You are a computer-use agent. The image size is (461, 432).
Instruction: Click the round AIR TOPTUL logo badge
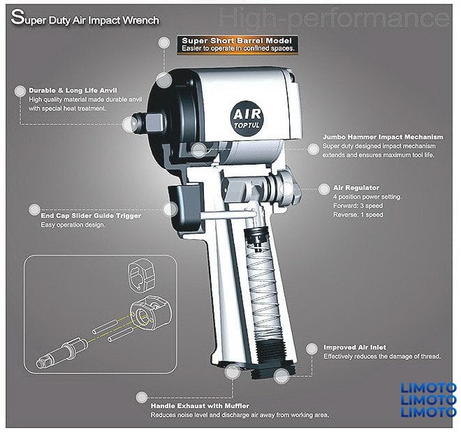tap(247, 119)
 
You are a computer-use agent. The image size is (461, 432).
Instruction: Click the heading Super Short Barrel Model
tap(237, 40)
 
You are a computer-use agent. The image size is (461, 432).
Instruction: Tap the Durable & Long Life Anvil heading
tap(73, 91)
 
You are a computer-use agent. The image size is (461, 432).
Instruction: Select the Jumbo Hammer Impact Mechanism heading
tap(383, 137)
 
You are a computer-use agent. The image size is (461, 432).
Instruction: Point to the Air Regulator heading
tap(356, 188)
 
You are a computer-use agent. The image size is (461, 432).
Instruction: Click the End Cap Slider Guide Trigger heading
tap(91, 216)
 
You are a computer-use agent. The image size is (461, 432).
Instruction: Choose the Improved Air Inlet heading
tap(355, 348)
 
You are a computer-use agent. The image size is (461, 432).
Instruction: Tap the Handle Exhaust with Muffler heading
tap(200, 406)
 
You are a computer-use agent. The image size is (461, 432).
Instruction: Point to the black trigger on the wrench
tap(185, 208)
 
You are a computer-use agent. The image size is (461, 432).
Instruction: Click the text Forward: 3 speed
tap(358, 206)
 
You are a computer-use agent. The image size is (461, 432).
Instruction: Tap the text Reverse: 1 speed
tap(358, 215)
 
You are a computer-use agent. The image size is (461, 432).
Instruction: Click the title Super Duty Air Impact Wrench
tap(85, 18)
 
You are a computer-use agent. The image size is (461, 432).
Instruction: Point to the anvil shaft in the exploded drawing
tap(61, 352)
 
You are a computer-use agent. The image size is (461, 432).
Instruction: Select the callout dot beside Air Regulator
tap(323, 189)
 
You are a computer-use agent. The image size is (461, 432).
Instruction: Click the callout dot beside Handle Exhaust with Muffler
tap(142, 397)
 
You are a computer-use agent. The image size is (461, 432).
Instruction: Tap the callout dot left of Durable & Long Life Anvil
tap(20, 91)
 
